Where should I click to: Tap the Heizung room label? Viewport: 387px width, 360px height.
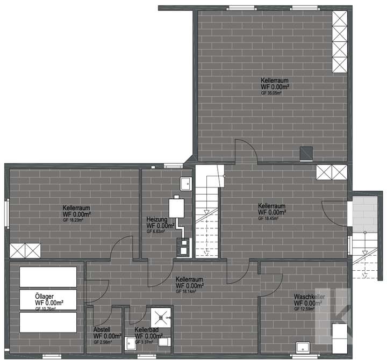(x=157, y=220)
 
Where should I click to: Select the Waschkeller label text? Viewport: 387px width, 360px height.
(x=307, y=297)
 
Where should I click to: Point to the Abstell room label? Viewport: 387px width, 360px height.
(x=102, y=330)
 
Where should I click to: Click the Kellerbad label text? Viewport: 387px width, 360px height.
(x=147, y=329)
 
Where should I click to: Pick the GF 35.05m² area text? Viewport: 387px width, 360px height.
(x=271, y=93)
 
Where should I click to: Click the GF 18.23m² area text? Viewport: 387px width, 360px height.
(x=73, y=220)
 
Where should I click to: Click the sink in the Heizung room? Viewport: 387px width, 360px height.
(x=185, y=183)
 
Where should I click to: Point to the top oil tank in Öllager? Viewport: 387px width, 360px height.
(x=48, y=277)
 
